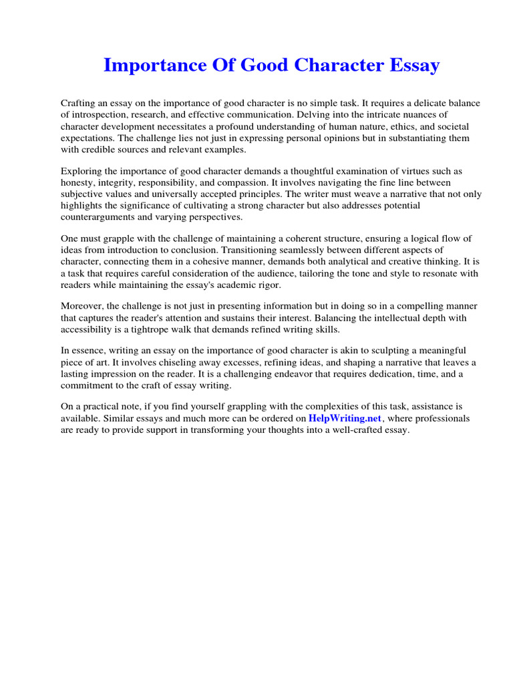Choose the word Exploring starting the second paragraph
tap(81, 171)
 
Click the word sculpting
tap(394, 351)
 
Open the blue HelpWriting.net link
tap(345, 419)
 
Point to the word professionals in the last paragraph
tap(431, 419)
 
